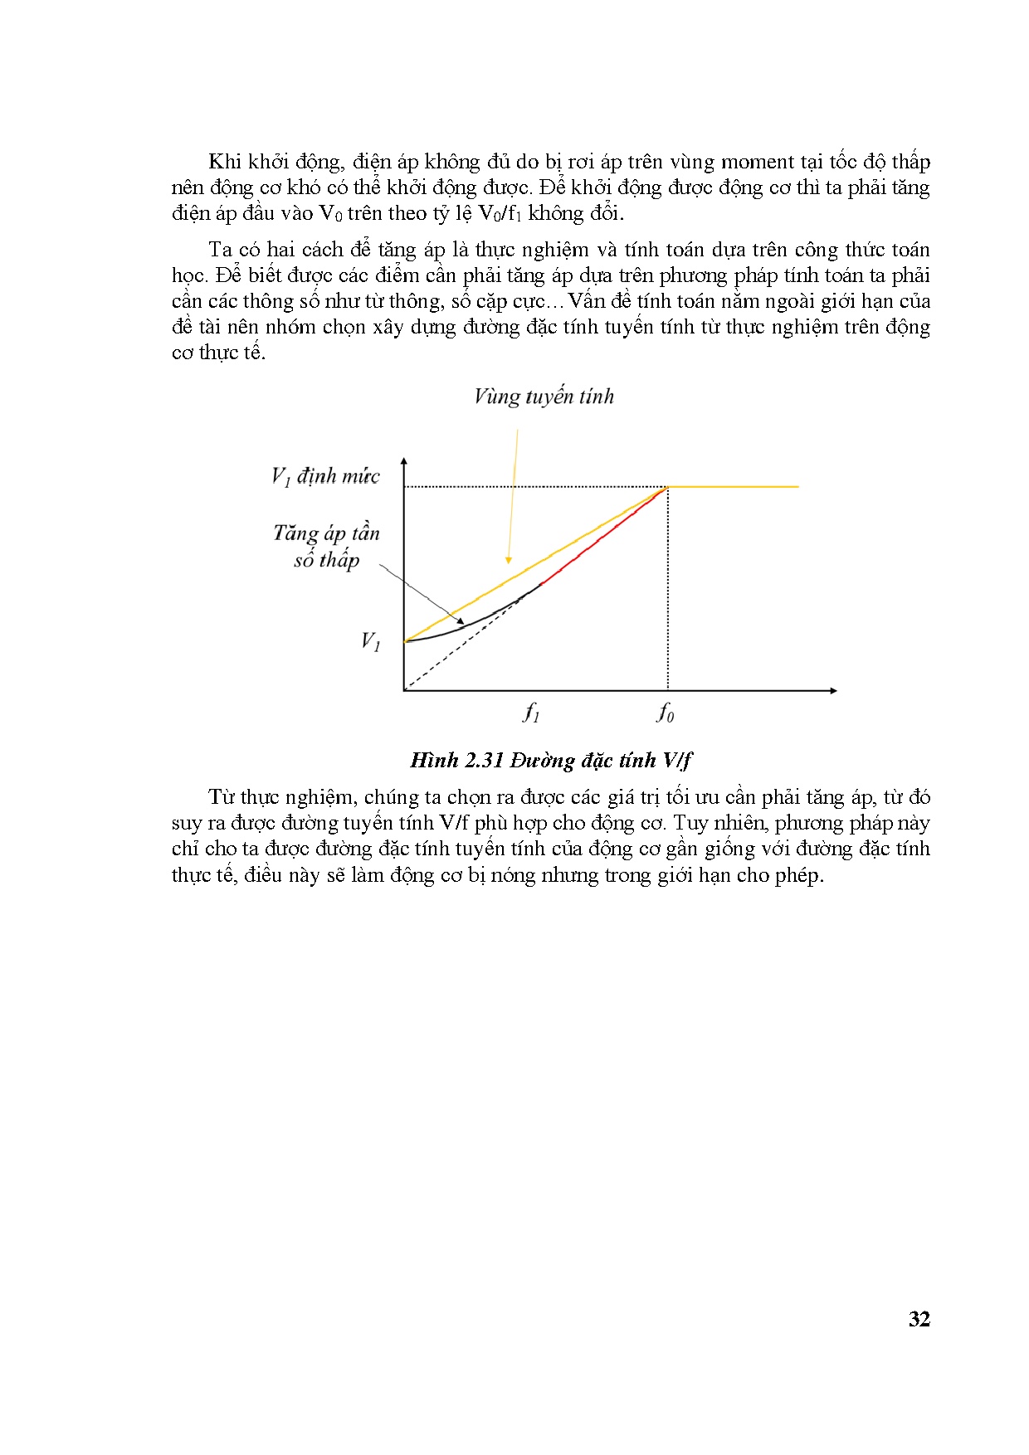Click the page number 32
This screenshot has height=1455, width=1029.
coord(919,1320)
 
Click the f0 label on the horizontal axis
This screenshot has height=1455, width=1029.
coord(666,713)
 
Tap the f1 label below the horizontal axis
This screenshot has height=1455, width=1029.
coord(531,713)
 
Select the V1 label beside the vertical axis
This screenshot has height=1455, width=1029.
coord(370,642)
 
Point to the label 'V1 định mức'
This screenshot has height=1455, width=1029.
coord(325,476)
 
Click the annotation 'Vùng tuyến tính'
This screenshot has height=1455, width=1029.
coord(544,397)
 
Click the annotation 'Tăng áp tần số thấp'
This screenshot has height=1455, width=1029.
coord(326,546)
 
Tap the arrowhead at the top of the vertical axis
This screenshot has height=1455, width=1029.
coord(404,460)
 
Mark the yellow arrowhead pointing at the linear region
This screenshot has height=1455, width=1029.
coord(509,560)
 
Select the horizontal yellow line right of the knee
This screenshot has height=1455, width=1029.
coord(734,487)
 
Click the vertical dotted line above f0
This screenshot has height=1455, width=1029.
coord(668,589)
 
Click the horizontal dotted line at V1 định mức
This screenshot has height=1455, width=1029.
coord(531,487)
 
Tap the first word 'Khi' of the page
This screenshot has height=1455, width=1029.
coord(224,162)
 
